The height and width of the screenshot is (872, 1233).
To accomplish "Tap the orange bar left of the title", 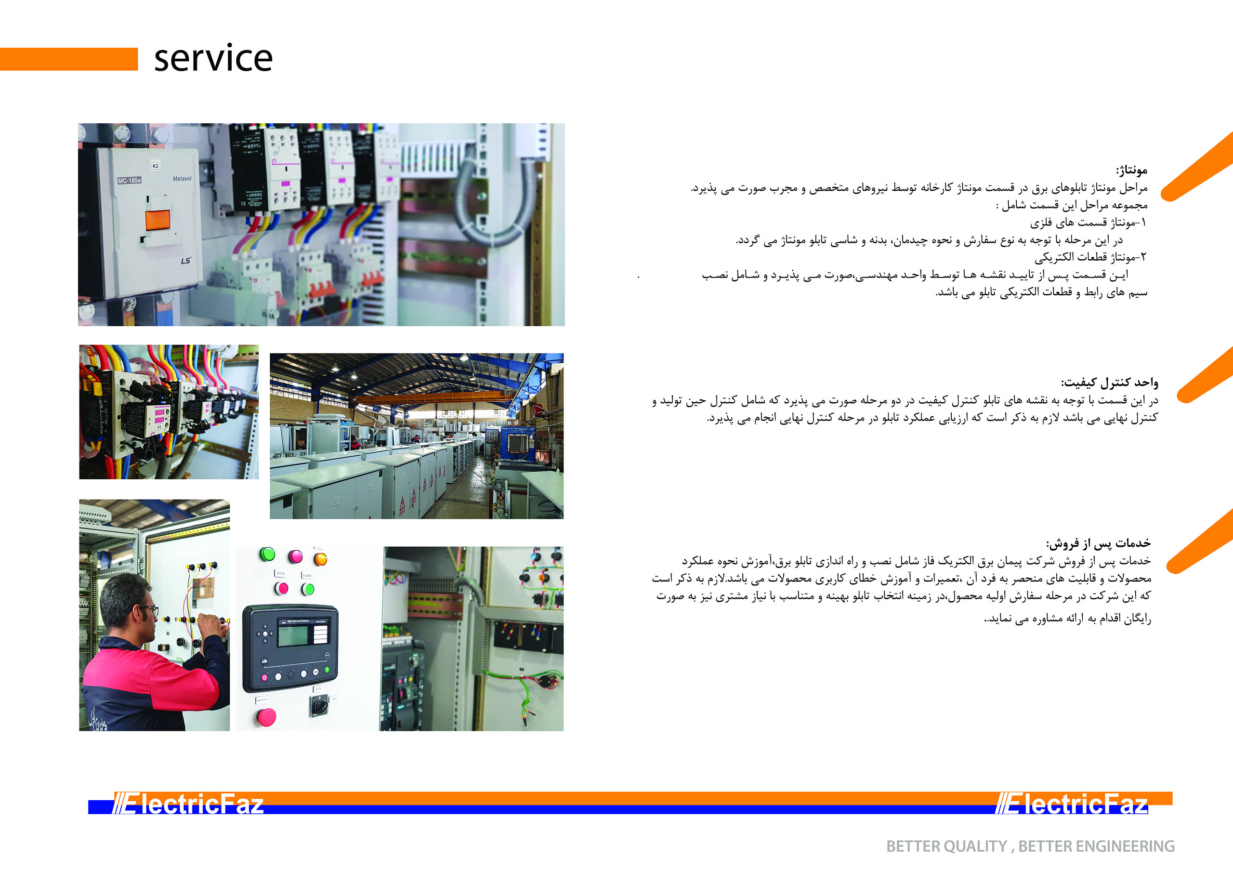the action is click(x=69, y=59).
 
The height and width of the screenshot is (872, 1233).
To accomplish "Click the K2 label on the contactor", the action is click(x=155, y=166).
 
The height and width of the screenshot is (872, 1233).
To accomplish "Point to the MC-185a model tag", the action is click(x=130, y=181).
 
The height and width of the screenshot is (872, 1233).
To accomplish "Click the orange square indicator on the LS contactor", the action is click(x=157, y=220).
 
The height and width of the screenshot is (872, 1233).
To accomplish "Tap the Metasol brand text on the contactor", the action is click(x=182, y=178).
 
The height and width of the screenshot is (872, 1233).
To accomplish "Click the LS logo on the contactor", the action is click(x=186, y=261).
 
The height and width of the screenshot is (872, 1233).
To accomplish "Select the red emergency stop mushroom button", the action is click(x=266, y=717).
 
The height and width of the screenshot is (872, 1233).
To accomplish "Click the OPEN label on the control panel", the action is click(x=280, y=574).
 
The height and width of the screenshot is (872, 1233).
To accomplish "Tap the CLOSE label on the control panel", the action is click(x=307, y=575).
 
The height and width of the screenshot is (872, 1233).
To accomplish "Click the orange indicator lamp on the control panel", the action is click(x=320, y=559).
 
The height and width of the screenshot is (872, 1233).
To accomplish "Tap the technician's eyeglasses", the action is click(x=149, y=609).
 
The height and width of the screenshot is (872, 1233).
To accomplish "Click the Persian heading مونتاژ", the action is click(x=1131, y=171).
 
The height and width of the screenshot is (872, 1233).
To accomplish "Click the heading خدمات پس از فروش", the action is click(x=1098, y=543).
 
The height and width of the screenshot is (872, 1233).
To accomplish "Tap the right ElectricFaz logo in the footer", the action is click(x=1072, y=804).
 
